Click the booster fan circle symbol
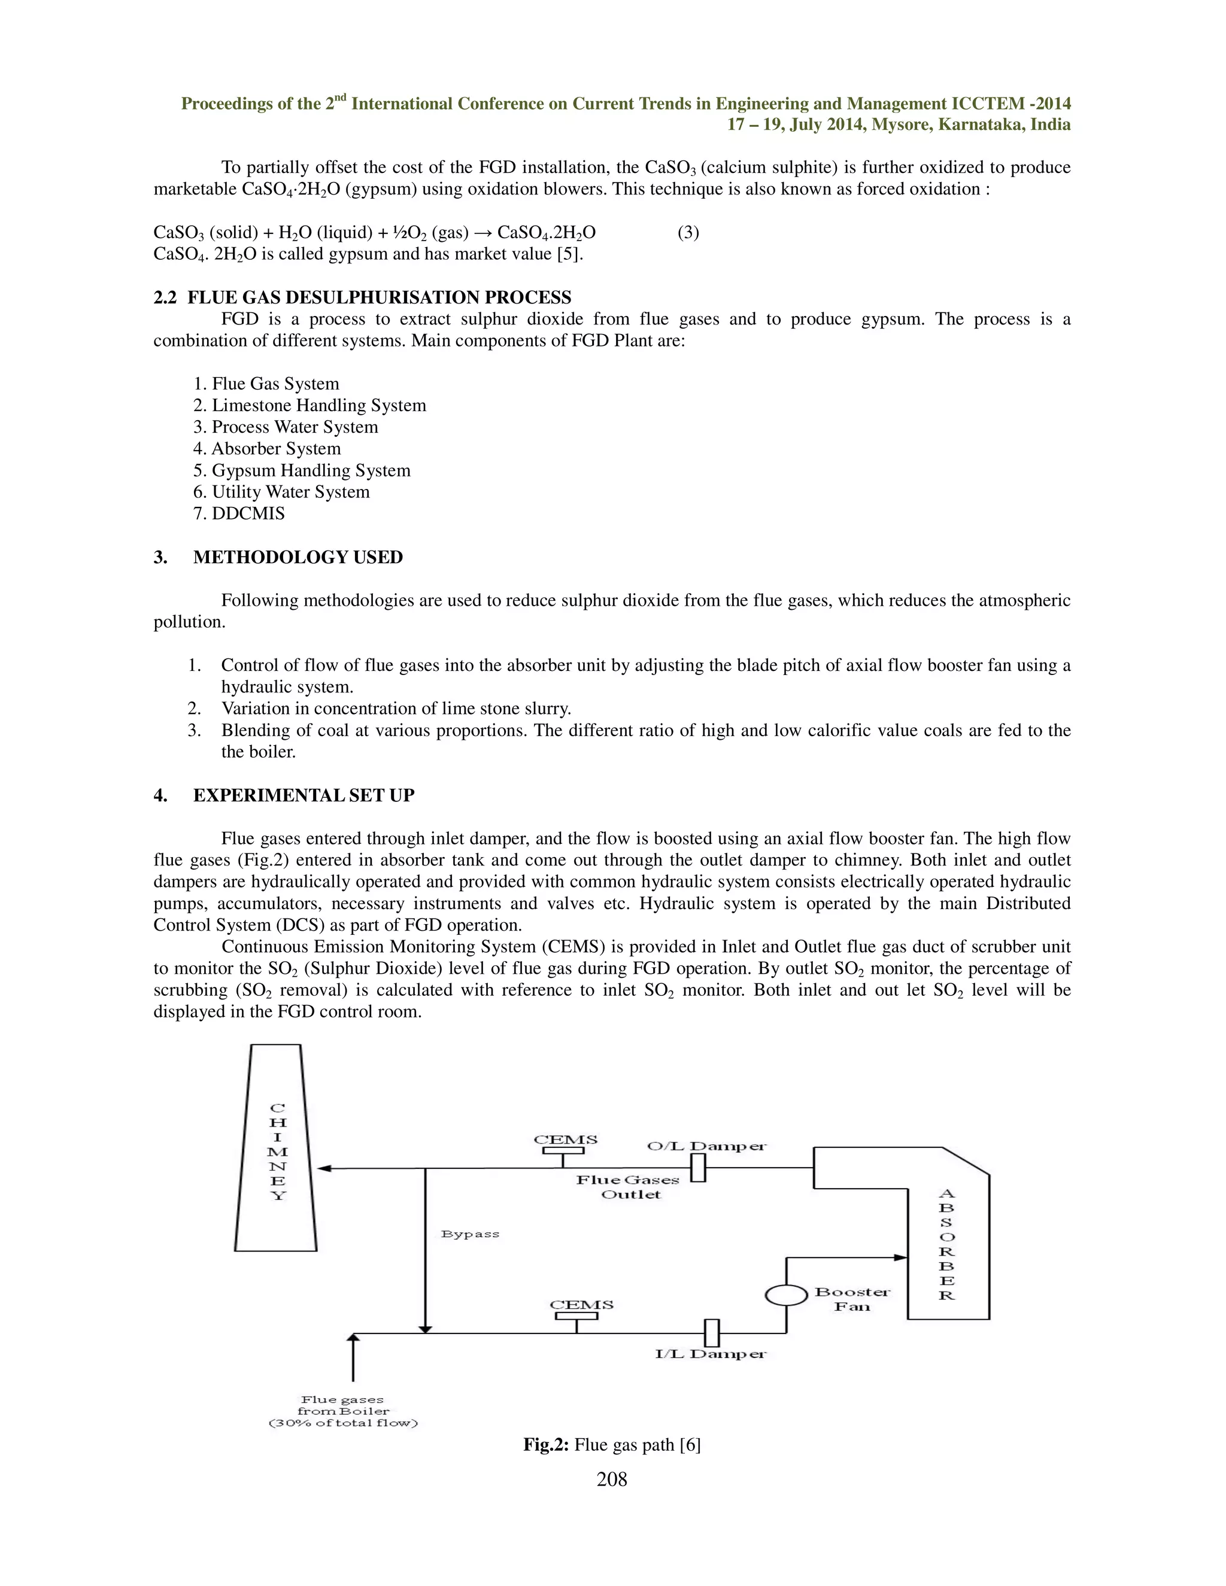pos(786,1295)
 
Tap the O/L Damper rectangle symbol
pos(698,1168)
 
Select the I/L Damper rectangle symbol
pos(712,1333)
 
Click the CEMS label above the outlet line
pos(565,1140)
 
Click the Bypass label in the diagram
pos(470,1234)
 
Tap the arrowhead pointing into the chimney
pos(324,1168)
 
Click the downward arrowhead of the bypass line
pos(426,1328)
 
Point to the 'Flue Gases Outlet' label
pos(629,1187)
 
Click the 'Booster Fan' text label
pos(852,1299)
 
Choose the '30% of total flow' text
pos(344,1423)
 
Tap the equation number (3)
pos(688,232)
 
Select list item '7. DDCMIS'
pos(239,514)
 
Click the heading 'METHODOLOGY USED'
pos(298,557)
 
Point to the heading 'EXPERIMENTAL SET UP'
pos(304,795)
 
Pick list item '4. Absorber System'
pos(266,449)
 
